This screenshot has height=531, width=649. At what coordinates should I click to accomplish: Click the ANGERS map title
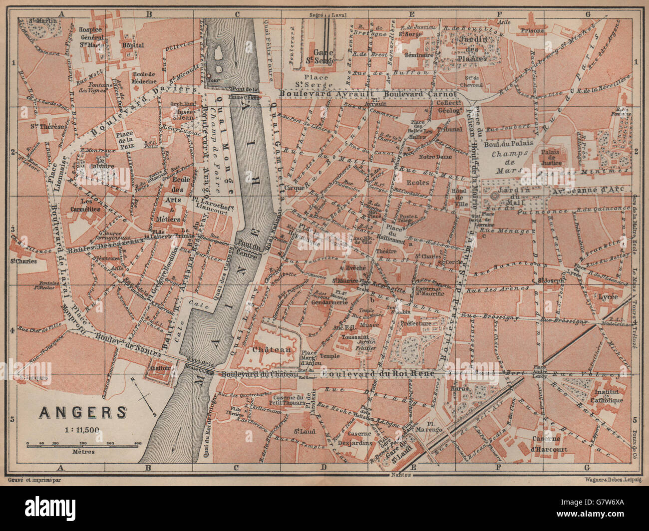[83, 412]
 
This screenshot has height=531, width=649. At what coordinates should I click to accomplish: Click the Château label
[272, 349]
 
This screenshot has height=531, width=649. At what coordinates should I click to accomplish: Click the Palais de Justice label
[551, 157]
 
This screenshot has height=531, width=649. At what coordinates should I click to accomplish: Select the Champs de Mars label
[505, 159]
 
